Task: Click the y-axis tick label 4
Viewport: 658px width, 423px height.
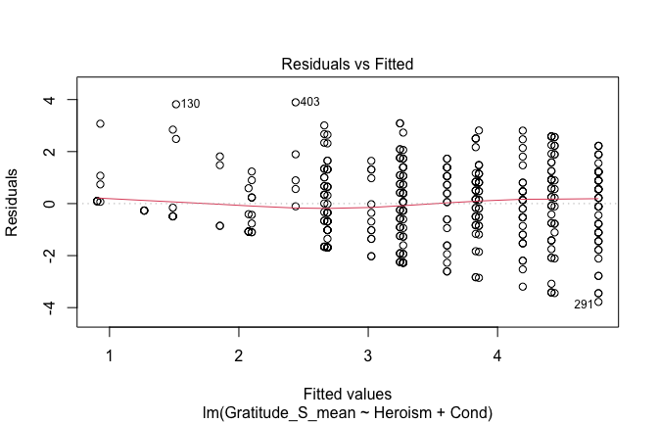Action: click(x=61, y=100)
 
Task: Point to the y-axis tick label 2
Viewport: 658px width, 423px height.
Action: click(x=61, y=152)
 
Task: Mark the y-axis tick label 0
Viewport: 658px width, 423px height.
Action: click(x=61, y=204)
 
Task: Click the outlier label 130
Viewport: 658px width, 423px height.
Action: click(x=190, y=105)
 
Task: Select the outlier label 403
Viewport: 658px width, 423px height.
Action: click(x=309, y=102)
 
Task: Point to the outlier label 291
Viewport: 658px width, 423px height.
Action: click(x=584, y=305)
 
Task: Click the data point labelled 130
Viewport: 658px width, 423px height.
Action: click(x=176, y=104)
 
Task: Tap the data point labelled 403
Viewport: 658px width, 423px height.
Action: click(x=296, y=102)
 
